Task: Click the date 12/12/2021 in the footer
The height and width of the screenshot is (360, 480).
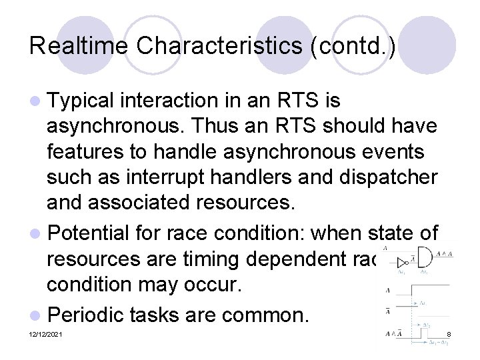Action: [x=46, y=334]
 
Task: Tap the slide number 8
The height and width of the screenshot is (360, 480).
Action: [x=449, y=333]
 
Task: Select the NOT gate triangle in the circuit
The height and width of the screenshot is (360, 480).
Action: [x=403, y=262]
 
